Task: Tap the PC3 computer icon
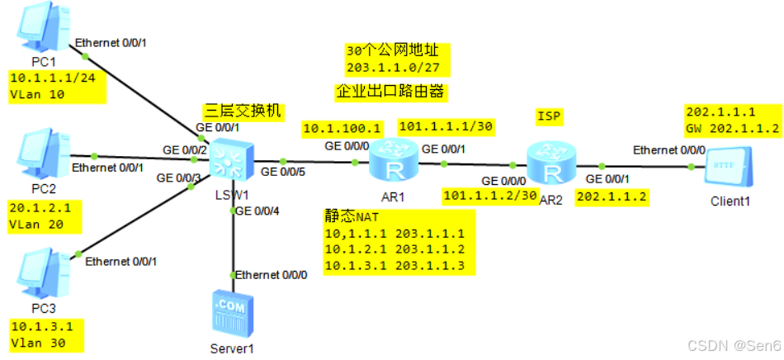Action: [38, 281]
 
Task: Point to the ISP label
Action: [549, 116]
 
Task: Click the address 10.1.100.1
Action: [342, 128]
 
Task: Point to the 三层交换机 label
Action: [244, 110]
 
